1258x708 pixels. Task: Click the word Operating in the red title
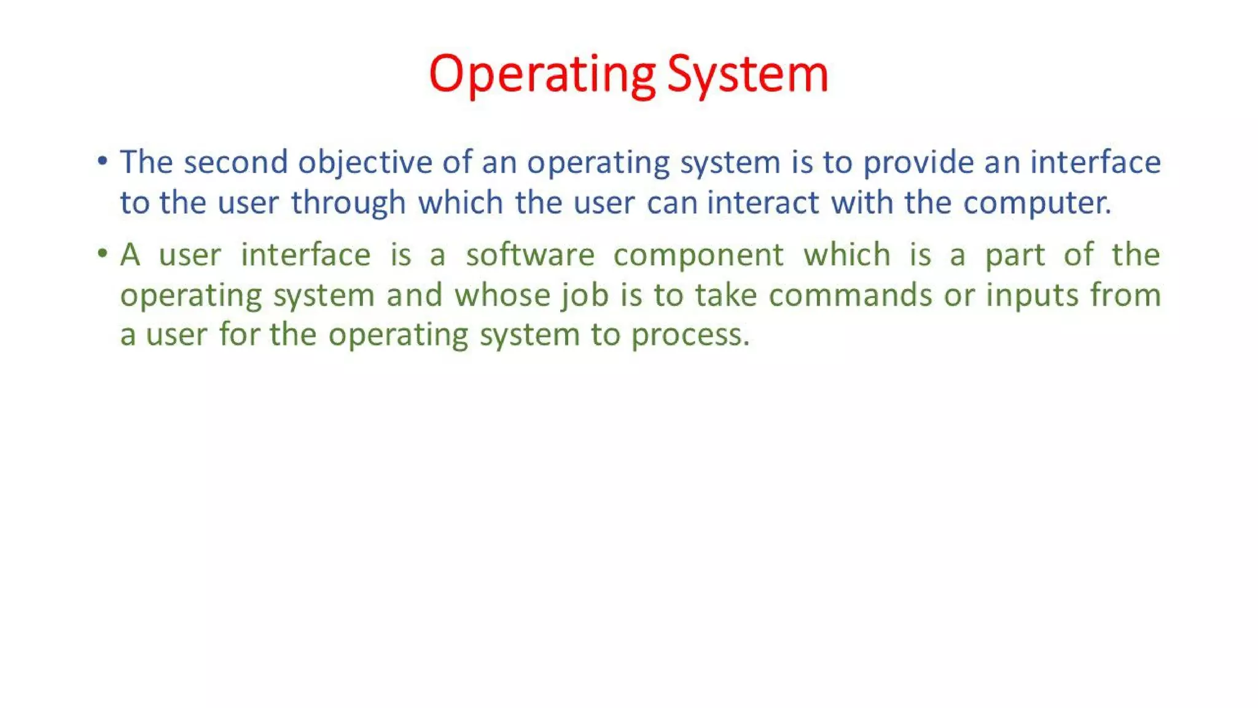[x=542, y=74]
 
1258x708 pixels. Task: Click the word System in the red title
[x=748, y=74]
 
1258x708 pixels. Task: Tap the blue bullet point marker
[x=103, y=162]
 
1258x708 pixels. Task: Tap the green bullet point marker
[x=103, y=254]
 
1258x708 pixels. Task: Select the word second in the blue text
[x=235, y=162]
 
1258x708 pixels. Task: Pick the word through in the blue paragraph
[x=348, y=203]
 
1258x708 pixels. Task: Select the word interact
[x=763, y=203]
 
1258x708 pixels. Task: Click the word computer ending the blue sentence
[x=1036, y=203]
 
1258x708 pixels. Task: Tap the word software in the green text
[x=530, y=255]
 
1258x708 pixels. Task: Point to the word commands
[x=850, y=295]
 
